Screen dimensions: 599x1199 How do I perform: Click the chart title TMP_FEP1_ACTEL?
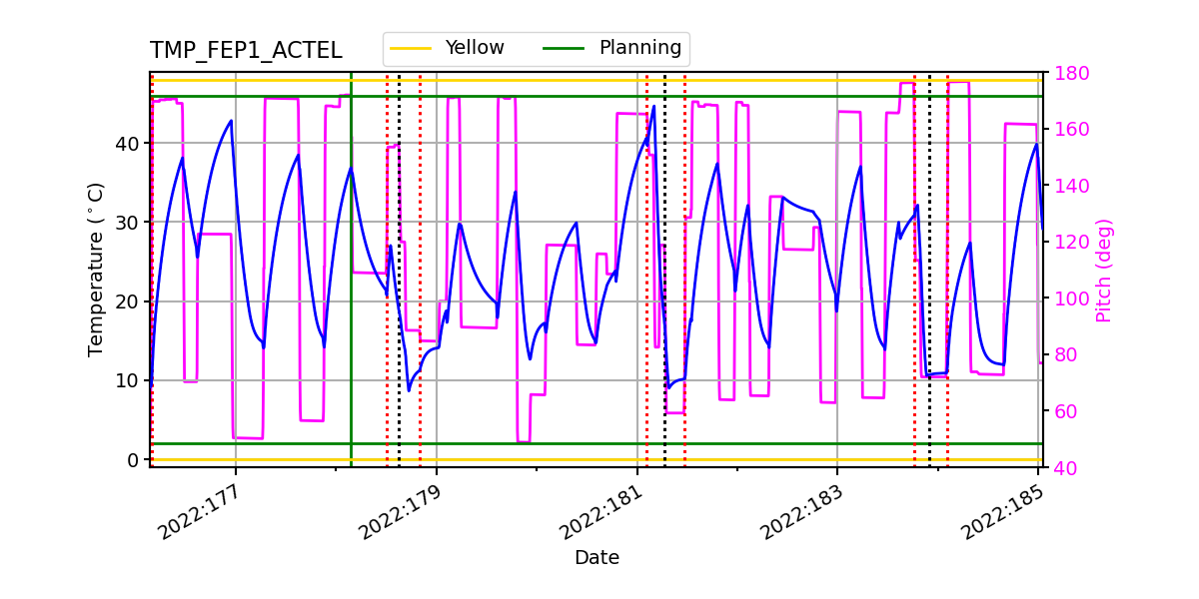pyautogui.click(x=246, y=51)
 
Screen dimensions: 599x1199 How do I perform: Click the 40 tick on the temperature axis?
pyautogui.click(x=129, y=143)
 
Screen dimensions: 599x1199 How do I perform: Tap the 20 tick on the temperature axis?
pyautogui.click(x=129, y=301)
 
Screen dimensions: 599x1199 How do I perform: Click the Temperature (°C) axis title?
pyautogui.click(x=96, y=269)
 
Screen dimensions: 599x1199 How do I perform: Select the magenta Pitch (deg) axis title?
pyautogui.click(x=1104, y=270)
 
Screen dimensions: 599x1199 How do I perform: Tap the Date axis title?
pyautogui.click(x=597, y=558)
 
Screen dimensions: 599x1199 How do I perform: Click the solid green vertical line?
pyautogui.click(x=351, y=299)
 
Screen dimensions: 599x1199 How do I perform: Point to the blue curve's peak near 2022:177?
pyautogui.click(x=231, y=121)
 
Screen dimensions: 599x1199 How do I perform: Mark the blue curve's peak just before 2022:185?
pyautogui.click(x=1037, y=144)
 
